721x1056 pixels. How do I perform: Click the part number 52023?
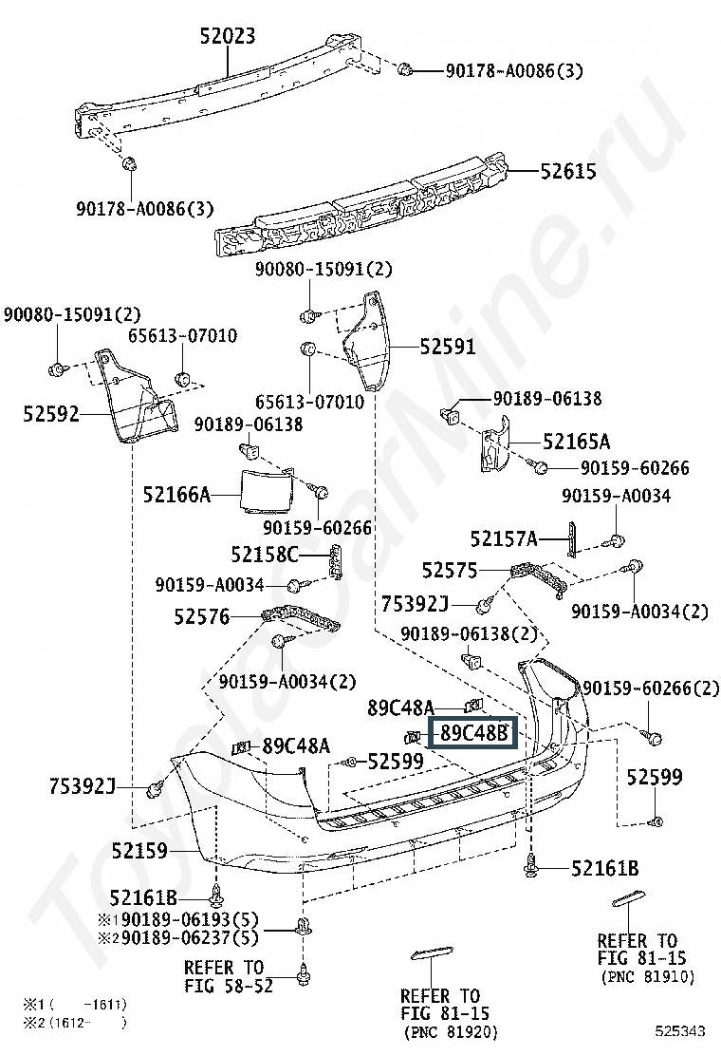[228, 37]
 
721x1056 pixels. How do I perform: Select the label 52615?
[568, 172]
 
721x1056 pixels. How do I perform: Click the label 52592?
[51, 414]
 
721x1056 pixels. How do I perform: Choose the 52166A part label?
[176, 494]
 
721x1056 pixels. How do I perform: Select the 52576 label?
[201, 616]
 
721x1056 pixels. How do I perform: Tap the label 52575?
[451, 570]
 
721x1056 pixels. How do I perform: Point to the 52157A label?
[504, 539]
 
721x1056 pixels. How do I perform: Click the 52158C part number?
[264, 555]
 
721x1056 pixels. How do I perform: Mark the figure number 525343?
[679, 1030]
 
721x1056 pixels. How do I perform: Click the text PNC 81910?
[648, 976]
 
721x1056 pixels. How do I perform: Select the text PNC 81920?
[451, 1031]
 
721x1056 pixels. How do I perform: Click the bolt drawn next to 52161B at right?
[530, 864]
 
